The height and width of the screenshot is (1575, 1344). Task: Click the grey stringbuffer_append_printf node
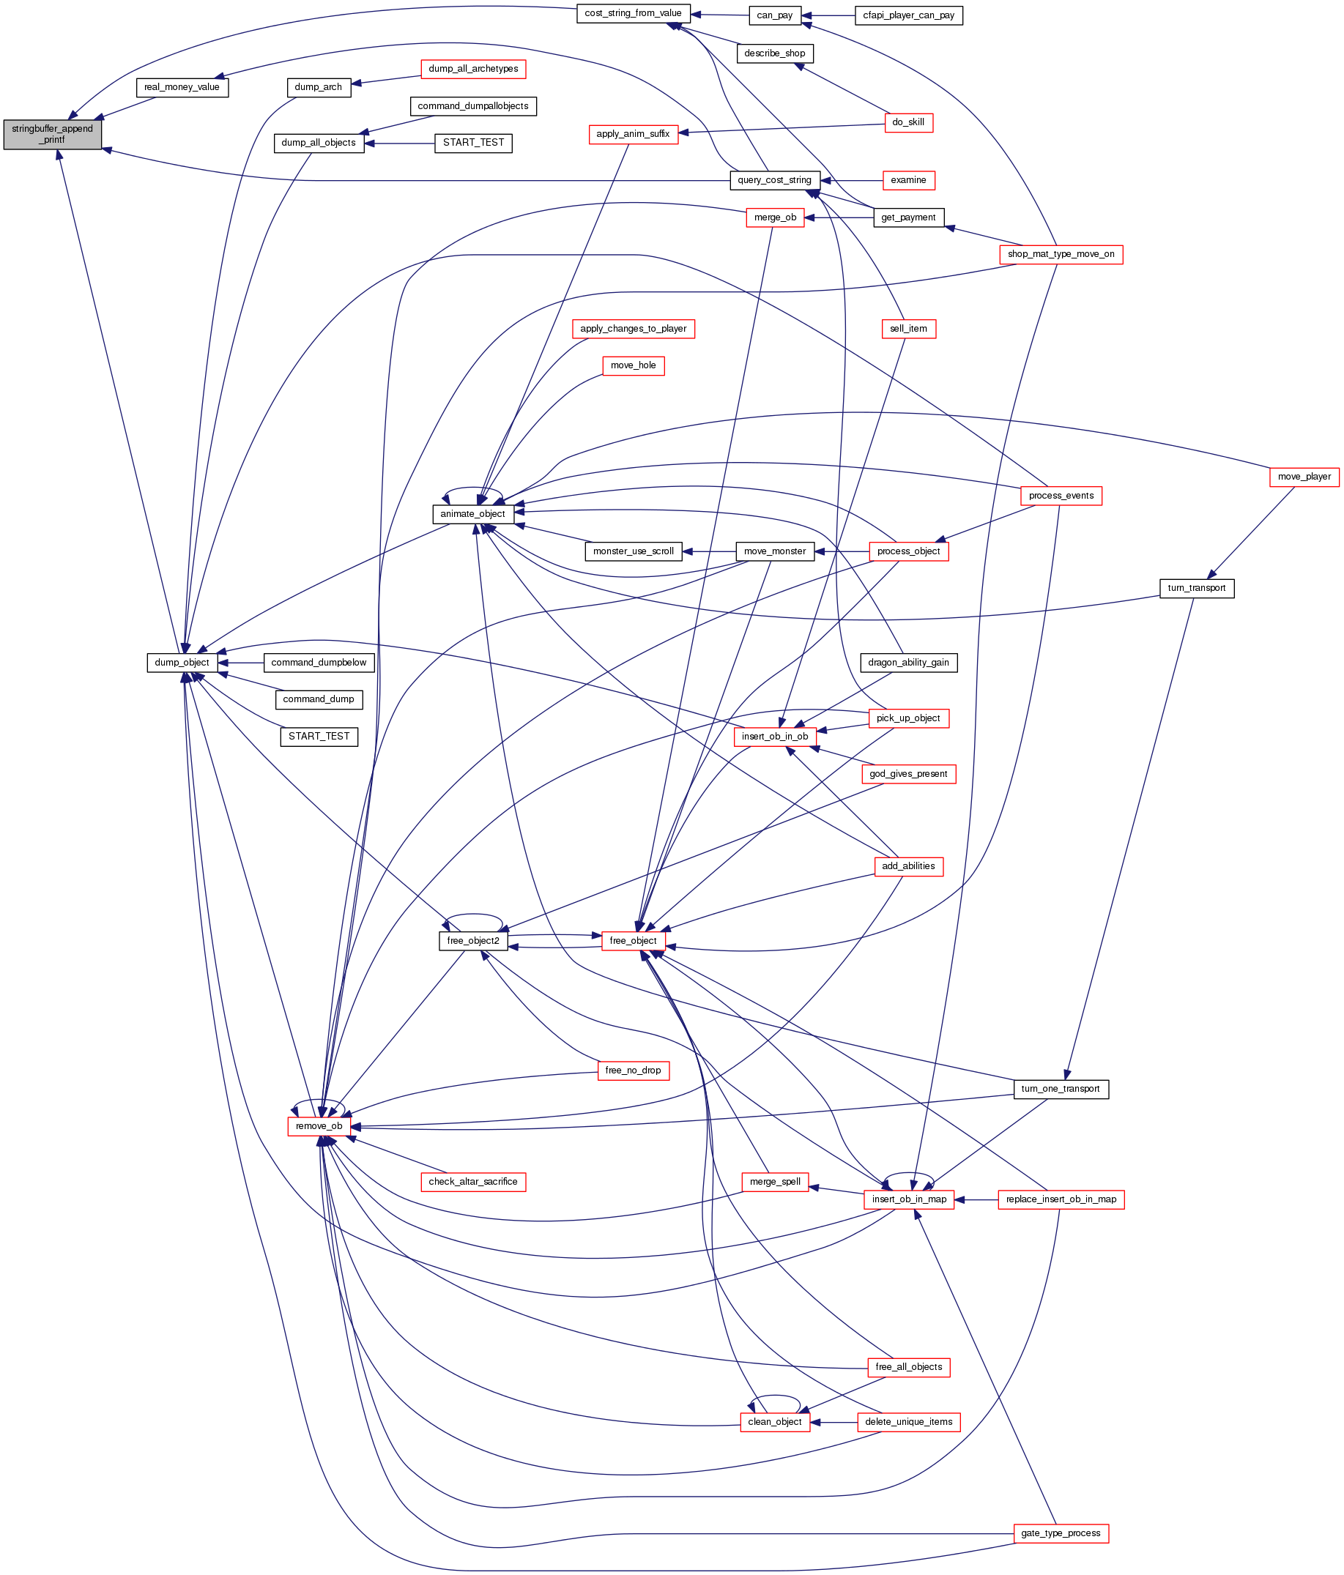click(x=53, y=134)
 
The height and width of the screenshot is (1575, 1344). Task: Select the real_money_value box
click(x=182, y=87)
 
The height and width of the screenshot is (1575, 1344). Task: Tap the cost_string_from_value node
click(x=633, y=14)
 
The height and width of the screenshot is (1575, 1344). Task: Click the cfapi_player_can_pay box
click(x=908, y=15)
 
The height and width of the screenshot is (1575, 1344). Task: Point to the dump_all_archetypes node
click(x=473, y=69)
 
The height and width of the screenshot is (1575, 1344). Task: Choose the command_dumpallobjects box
click(x=473, y=106)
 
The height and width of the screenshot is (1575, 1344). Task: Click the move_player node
click(x=1304, y=477)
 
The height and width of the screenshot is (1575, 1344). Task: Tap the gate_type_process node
click(x=1061, y=1533)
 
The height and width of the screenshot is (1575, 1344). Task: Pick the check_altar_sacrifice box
click(x=473, y=1182)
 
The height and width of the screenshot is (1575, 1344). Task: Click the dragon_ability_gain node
click(x=908, y=663)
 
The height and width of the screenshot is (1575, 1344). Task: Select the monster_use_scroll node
click(x=634, y=551)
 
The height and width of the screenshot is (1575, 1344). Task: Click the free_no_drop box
click(x=634, y=1071)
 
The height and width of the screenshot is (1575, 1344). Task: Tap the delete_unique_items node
click(x=908, y=1421)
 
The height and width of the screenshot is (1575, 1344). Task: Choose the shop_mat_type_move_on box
click(x=1061, y=254)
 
